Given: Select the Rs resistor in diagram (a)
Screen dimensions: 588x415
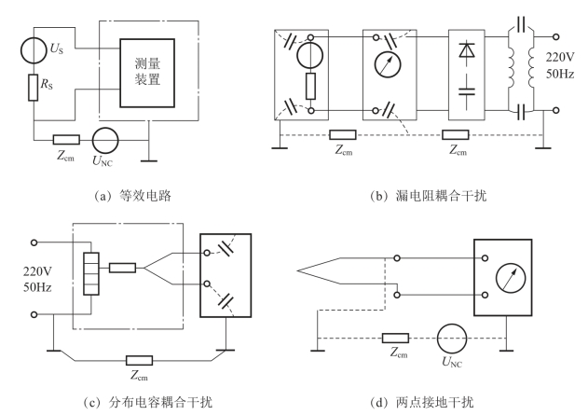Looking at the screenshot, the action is (x=34, y=88).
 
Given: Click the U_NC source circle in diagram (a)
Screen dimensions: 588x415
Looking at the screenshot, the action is (x=105, y=140).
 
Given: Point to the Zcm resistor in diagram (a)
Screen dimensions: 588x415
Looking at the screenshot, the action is (x=66, y=140).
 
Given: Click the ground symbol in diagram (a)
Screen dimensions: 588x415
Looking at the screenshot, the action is (x=149, y=161).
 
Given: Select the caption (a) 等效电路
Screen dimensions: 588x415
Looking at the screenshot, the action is (x=132, y=196).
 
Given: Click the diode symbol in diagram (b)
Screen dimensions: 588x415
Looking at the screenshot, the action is (x=467, y=50).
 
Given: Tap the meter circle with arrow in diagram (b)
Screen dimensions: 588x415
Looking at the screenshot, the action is (x=388, y=64).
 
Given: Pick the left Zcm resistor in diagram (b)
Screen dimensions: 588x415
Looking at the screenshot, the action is (x=343, y=134).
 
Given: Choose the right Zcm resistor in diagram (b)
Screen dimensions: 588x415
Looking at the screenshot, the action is (x=456, y=134).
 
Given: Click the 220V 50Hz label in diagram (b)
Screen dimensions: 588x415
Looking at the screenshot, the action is (x=560, y=65).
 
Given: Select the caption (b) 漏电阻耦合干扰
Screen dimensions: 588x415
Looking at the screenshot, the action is (x=429, y=196).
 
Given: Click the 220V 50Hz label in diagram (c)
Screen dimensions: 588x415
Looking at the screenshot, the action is (x=37, y=279).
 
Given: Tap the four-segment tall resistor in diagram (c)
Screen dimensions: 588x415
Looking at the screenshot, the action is (x=91, y=273).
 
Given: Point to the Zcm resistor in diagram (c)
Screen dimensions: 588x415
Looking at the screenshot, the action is (x=139, y=361).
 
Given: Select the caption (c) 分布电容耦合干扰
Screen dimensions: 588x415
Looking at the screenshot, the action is (x=147, y=402).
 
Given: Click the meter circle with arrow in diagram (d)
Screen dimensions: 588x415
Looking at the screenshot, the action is (x=511, y=278).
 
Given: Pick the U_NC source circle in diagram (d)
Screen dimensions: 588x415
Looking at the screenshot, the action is (x=452, y=339).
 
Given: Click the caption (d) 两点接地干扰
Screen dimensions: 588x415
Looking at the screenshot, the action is (x=422, y=402).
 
